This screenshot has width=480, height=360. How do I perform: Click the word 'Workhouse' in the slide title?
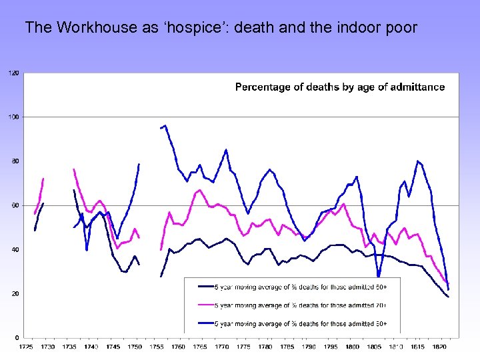pos(87,27)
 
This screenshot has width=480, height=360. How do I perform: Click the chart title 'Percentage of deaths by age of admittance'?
pos(340,87)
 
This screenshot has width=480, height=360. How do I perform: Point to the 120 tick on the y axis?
pos(13,73)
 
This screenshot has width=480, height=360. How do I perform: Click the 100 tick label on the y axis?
pos(13,117)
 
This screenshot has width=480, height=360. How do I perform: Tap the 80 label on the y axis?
pos(15,161)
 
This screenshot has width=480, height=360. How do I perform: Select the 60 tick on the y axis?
pos(15,205)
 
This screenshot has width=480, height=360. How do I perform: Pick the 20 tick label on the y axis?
pos(15,293)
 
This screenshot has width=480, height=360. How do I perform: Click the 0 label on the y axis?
pos(17,337)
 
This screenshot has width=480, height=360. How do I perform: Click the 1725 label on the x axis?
pos(26,347)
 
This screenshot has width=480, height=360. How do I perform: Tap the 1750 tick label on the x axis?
pos(135,347)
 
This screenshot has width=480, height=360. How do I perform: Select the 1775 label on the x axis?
pos(243,347)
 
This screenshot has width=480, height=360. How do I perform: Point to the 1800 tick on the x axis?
pos(352,347)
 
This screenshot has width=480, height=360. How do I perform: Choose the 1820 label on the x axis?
pos(439,347)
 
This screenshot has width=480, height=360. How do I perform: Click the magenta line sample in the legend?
pos(205,305)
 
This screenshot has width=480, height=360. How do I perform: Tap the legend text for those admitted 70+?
pos(300,305)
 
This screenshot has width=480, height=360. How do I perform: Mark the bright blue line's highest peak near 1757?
pos(165,125)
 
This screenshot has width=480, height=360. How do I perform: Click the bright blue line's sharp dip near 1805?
pos(379,276)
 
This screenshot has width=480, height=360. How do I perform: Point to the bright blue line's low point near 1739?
pos(87,249)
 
